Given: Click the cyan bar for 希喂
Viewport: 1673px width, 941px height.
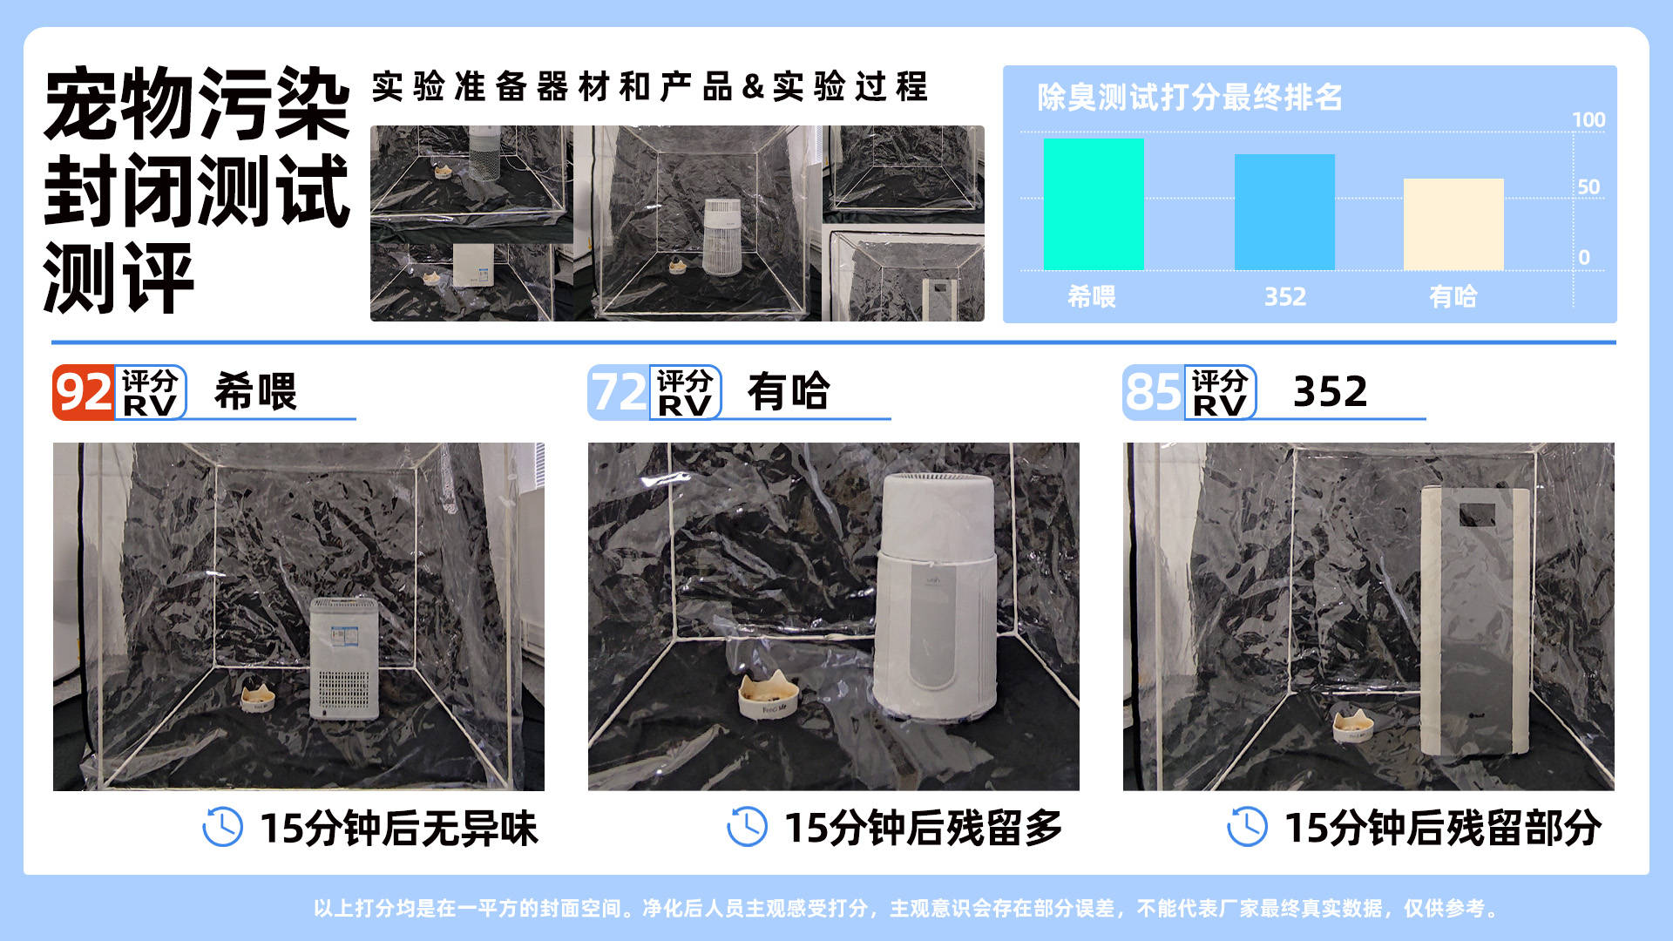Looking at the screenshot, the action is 1094,204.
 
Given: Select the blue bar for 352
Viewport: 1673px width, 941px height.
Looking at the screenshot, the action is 1284,212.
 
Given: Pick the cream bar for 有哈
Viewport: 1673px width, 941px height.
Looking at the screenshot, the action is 1453,224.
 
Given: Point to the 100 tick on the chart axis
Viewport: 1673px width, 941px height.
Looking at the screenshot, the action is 1588,119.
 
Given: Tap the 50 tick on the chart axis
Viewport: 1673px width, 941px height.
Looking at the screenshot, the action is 1588,186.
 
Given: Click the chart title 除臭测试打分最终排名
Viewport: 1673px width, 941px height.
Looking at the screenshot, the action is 1189,97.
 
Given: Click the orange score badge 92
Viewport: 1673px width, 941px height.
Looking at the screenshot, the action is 84,392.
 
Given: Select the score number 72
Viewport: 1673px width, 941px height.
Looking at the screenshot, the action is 619,392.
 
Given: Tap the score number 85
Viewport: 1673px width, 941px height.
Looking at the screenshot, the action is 1154,392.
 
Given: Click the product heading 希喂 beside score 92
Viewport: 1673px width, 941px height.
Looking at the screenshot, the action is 255,391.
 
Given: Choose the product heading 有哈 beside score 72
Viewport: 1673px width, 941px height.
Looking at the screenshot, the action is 789,391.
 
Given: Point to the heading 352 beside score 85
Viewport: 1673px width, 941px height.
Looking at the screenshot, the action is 1330,391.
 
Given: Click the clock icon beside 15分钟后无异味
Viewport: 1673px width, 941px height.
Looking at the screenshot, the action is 222,827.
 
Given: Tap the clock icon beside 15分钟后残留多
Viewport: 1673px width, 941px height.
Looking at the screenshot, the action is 747,827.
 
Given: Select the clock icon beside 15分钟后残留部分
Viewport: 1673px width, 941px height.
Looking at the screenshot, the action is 1247,827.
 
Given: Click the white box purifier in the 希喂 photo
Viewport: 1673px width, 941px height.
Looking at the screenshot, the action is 345,659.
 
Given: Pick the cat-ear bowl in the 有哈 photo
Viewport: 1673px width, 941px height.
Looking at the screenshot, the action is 768,696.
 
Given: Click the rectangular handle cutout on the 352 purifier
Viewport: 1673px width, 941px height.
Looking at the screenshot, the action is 1477,515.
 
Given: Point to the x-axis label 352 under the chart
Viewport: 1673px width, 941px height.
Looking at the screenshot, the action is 1285,296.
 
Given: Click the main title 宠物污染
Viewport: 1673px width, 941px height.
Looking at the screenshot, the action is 197,104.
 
